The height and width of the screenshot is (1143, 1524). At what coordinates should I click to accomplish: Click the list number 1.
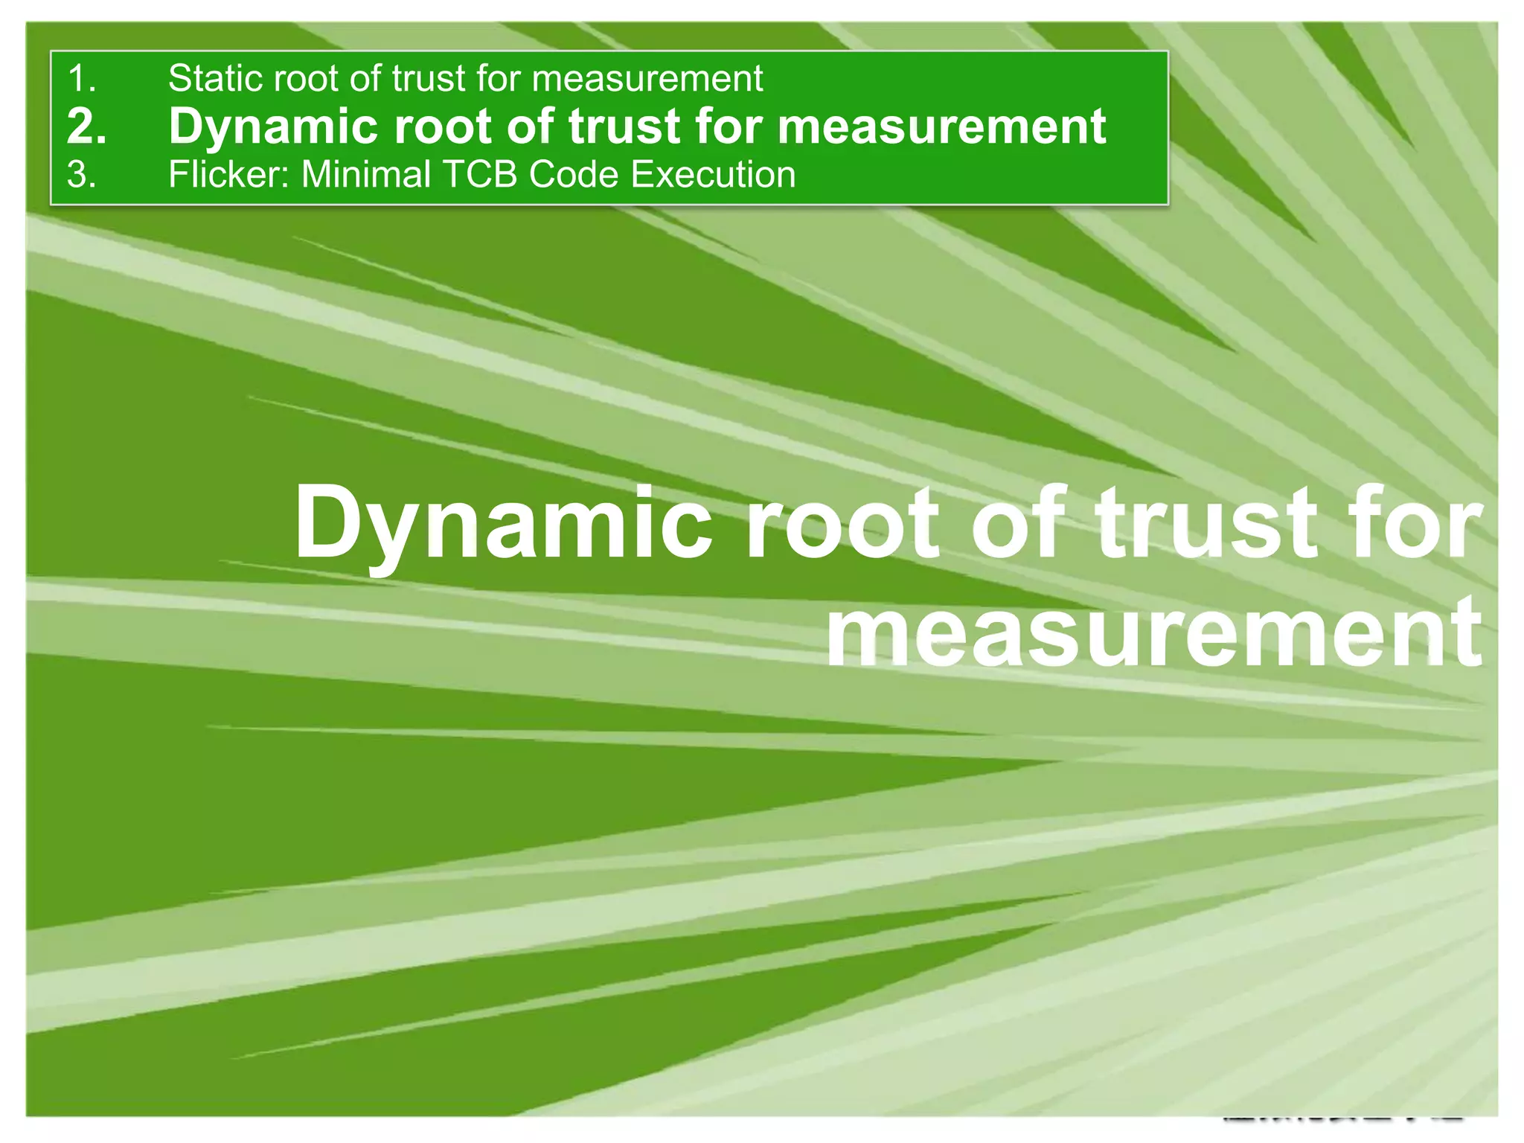(x=81, y=79)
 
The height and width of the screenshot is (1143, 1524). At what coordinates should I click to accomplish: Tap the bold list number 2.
(x=86, y=127)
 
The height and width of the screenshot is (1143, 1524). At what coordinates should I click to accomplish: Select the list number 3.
(x=81, y=176)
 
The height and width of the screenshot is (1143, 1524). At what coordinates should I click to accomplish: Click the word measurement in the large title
(x=1153, y=633)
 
